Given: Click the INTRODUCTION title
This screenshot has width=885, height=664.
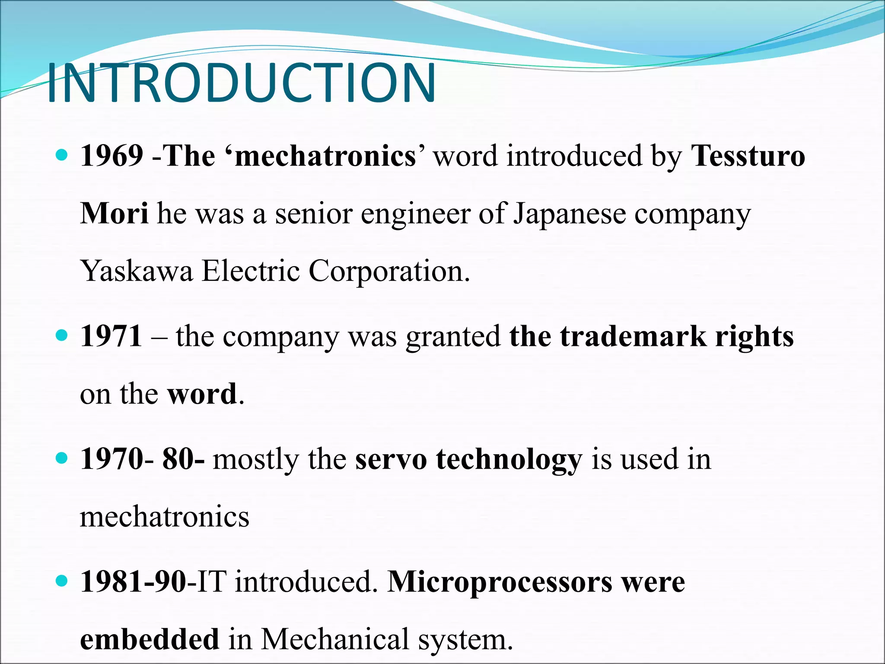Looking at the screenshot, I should (241, 83).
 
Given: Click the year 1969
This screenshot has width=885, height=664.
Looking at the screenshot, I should (111, 156).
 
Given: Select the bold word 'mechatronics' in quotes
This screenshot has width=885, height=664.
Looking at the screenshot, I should (325, 156).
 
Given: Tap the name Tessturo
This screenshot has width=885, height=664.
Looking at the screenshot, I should (748, 156).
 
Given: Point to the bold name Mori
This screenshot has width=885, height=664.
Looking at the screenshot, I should (114, 213).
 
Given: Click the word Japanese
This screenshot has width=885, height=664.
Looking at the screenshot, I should (569, 214).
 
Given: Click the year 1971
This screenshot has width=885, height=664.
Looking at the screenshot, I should (111, 336).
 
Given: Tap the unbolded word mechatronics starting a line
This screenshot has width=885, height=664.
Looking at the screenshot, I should (165, 517).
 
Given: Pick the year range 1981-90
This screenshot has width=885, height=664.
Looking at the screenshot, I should (133, 581).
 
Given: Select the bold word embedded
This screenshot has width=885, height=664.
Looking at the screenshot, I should (150, 639).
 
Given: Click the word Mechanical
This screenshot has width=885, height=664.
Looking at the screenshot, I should (335, 639).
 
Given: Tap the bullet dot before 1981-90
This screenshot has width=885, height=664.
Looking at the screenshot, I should (62, 580).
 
